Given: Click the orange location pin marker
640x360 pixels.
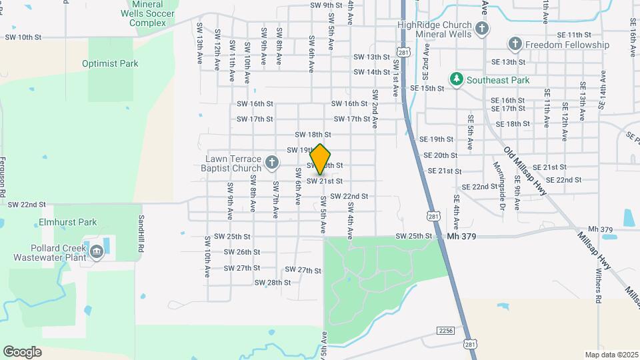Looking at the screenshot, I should [x=321, y=159].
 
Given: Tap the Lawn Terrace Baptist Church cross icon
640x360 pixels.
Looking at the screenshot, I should [x=271, y=162].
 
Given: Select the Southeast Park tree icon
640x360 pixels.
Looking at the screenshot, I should [x=457, y=79].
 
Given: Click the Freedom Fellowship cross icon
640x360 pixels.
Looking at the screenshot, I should [x=515, y=45].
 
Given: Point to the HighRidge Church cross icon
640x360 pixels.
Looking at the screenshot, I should [x=483, y=29].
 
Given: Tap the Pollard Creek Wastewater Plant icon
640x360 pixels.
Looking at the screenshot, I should [x=97, y=251].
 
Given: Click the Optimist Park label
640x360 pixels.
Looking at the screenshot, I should [x=110, y=63].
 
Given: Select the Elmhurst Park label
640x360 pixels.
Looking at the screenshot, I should [x=68, y=222].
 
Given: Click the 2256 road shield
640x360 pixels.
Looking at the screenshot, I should [x=446, y=331].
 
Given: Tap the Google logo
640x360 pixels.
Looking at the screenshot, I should [x=22, y=351].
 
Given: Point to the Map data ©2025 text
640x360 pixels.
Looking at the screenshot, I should [x=611, y=355].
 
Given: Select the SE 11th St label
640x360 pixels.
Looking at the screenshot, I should [x=573, y=34].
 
